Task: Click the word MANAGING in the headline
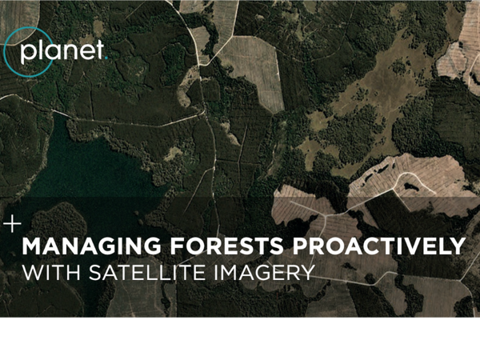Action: tap(91, 246)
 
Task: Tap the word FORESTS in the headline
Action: tap(227, 246)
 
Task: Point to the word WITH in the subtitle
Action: tap(51, 272)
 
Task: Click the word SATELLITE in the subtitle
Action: tap(147, 272)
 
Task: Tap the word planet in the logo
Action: tap(62, 52)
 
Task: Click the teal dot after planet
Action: tap(106, 58)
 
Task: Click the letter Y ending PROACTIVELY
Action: tap(458, 246)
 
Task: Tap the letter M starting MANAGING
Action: tap(33, 246)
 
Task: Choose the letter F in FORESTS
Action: tap(178, 246)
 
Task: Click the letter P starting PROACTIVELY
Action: tap(301, 246)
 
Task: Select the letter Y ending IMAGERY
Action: tap(308, 273)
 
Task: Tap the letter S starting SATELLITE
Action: tap(94, 273)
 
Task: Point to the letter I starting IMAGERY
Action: tap(215, 273)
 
